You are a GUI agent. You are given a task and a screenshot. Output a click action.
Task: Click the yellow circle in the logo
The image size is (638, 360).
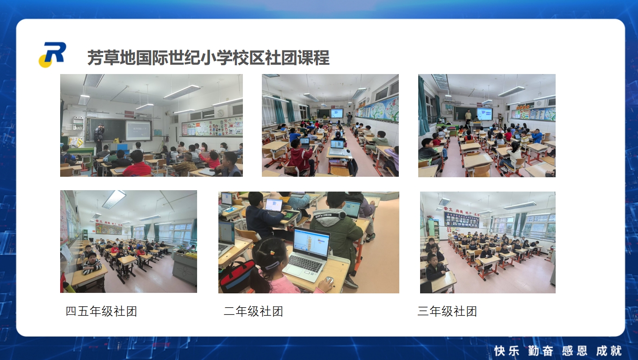(45, 61)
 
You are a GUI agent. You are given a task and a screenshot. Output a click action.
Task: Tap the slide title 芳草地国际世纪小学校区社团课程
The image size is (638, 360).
(208, 58)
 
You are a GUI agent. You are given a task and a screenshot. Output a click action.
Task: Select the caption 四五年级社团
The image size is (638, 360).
(101, 311)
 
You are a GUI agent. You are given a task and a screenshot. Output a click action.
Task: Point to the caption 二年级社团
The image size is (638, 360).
(253, 311)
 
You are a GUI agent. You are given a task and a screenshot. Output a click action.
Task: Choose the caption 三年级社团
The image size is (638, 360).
(447, 311)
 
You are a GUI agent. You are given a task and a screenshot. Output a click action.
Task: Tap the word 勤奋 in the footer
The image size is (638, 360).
(540, 351)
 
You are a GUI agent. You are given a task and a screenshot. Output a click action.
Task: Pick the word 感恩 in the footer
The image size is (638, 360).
(575, 351)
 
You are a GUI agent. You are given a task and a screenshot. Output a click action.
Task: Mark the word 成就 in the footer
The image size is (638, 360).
(609, 351)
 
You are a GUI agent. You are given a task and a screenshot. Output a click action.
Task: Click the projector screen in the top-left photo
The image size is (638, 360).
(138, 130)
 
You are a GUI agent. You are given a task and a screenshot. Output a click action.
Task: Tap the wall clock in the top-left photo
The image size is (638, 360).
(221, 113)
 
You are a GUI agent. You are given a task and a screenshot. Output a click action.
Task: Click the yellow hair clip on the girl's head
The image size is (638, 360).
(273, 253)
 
